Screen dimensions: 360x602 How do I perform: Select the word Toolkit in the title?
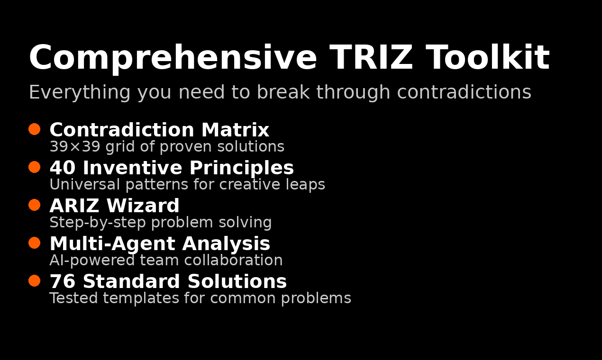(x=488, y=58)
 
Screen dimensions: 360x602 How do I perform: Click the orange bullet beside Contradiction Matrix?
(x=34, y=129)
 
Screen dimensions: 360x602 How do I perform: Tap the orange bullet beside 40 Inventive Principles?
(x=34, y=167)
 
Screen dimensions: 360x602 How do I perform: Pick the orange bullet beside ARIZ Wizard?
(x=34, y=205)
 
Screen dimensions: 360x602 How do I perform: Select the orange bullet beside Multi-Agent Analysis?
(x=34, y=243)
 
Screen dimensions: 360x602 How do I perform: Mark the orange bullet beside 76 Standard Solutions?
(x=34, y=280)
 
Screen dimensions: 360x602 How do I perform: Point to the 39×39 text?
(x=75, y=147)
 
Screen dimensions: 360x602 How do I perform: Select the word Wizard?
(x=143, y=206)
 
